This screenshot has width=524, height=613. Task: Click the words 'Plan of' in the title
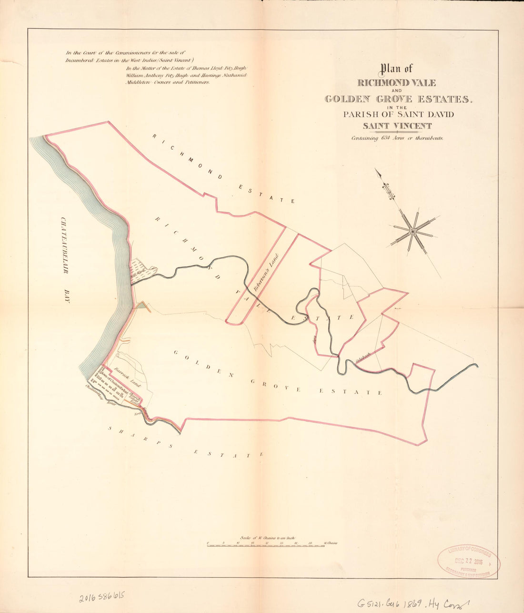[x=396, y=69]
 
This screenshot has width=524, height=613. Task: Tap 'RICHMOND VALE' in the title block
[x=396, y=83]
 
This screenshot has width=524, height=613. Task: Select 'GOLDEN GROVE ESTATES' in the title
[x=397, y=99]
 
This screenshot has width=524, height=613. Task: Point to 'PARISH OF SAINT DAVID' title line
[x=398, y=114]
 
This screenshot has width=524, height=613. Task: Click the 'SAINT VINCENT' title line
[x=397, y=126]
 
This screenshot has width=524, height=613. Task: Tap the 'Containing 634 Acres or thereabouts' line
[x=397, y=138]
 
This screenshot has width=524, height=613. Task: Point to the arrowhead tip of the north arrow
[x=376, y=170]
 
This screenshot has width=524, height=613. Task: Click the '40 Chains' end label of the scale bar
[x=330, y=543]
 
